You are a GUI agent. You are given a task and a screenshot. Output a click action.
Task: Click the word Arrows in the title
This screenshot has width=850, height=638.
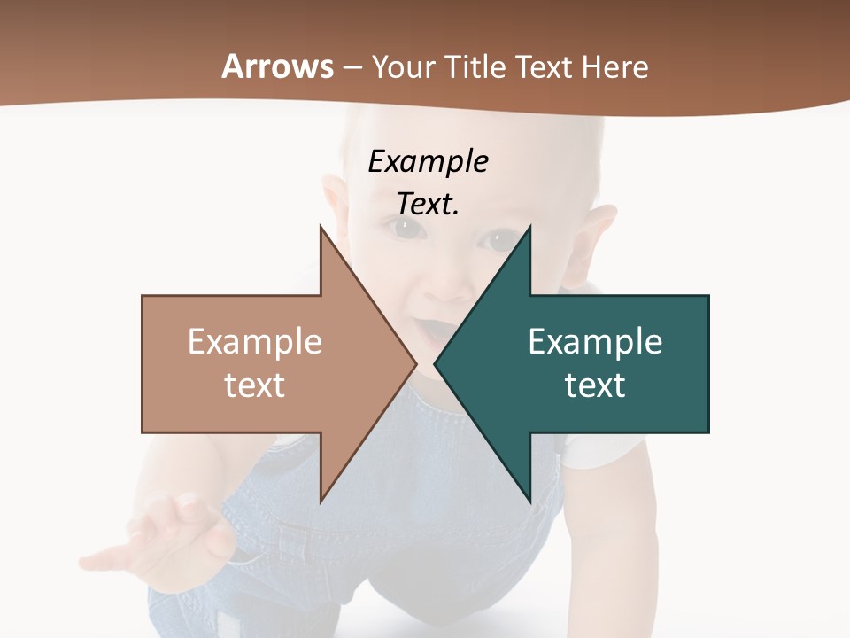[277, 66]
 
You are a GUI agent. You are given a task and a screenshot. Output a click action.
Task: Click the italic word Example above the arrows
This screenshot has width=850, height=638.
[428, 161]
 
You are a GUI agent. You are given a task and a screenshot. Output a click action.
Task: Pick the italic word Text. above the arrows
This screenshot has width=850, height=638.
[428, 204]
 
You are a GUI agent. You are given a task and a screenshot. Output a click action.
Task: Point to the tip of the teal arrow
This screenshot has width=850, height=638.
[437, 363]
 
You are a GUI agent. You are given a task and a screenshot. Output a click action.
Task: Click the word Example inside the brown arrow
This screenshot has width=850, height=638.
[255, 342]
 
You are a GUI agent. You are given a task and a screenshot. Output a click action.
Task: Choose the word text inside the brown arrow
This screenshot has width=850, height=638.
[255, 385]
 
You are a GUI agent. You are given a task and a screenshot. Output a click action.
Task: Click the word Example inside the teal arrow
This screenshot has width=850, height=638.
[595, 342]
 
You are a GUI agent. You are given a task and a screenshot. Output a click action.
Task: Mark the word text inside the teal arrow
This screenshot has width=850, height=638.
[595, 385]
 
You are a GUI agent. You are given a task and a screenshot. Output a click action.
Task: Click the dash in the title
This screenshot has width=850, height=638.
[352, 67]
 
